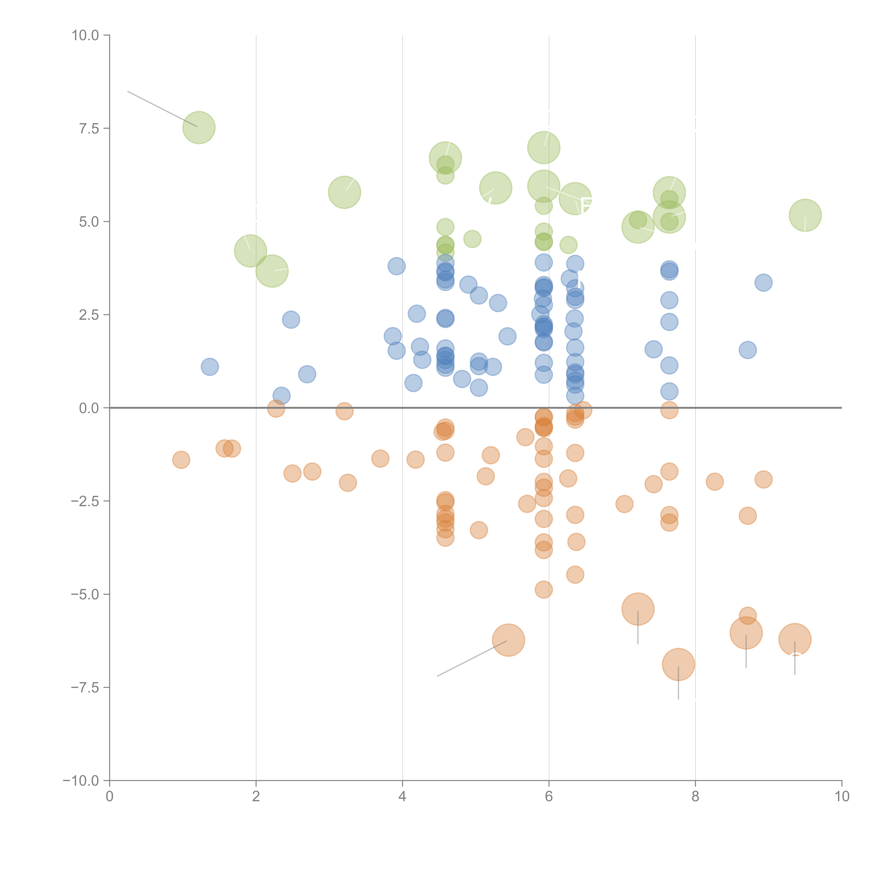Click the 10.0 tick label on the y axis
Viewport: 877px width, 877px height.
tap(85, 35)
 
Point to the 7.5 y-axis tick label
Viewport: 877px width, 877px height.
tap(89, 128)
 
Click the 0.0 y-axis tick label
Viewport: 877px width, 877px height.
tap(89, 408)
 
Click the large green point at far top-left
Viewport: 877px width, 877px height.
tap(199, 128)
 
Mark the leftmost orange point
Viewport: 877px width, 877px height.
tap(181, 460)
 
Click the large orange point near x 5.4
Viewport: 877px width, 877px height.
tap(508, 640)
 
